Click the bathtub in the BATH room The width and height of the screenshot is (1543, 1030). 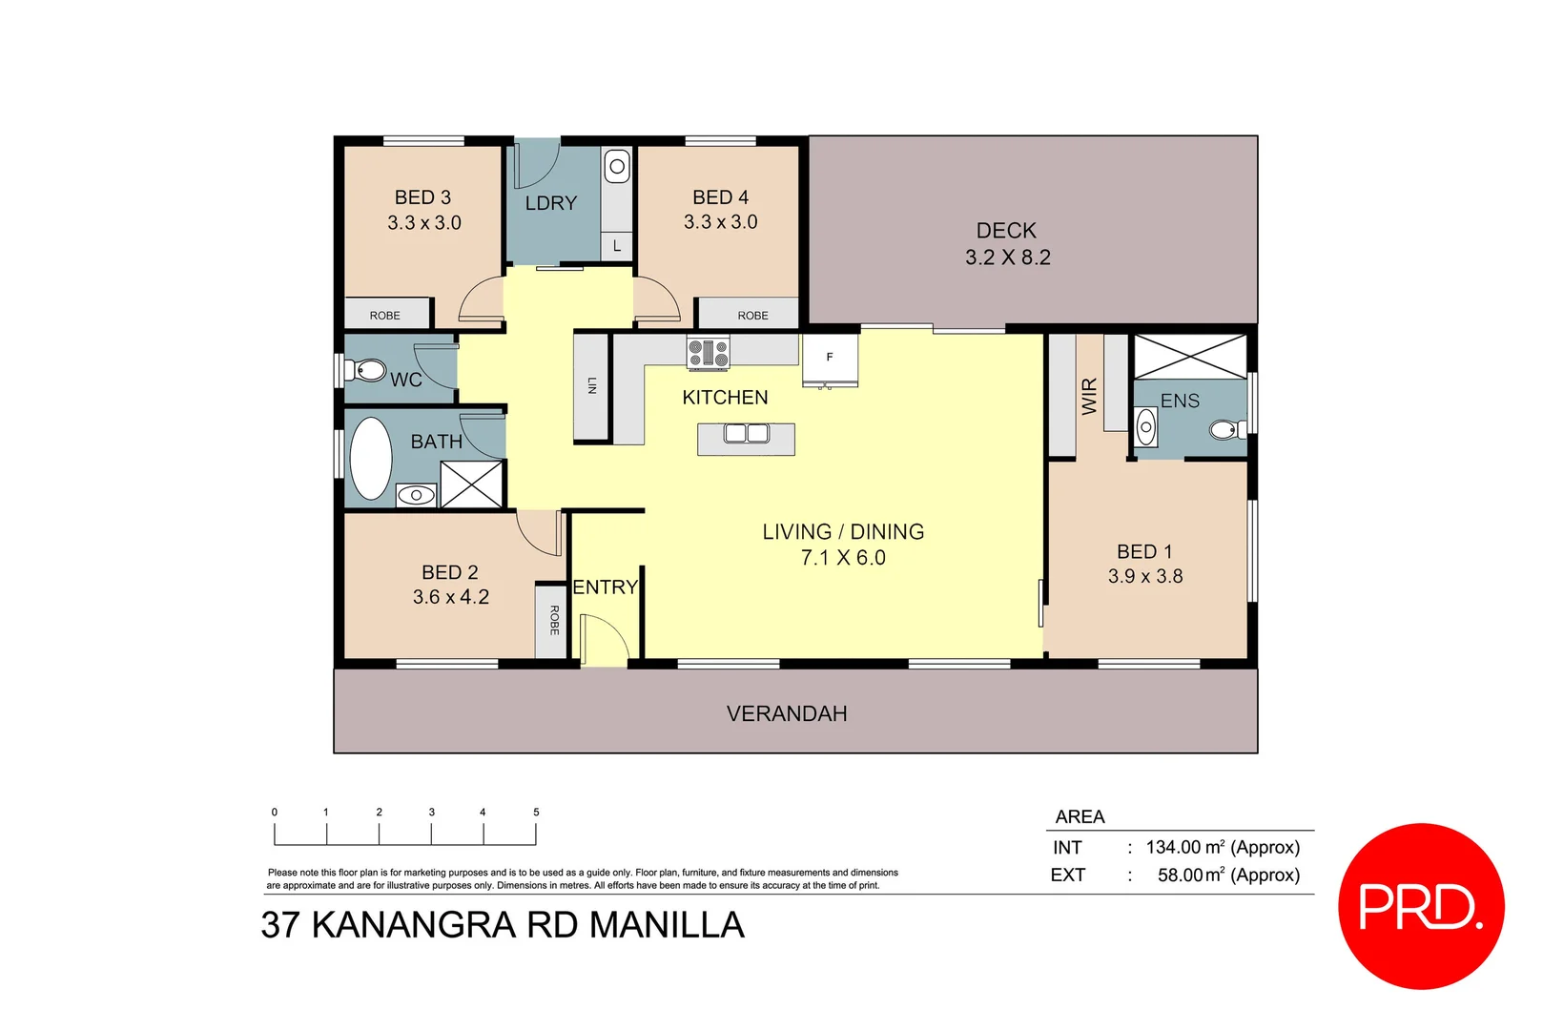click(x=371, y=459)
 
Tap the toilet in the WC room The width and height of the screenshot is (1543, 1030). click(x=366, y=369)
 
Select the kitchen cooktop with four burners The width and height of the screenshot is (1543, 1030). click(x=709, y=353)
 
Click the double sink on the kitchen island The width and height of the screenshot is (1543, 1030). click(x=747, y=434)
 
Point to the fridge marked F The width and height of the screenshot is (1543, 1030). click(x=830, y=359)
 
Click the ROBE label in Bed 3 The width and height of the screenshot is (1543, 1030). click(x=385, y=316)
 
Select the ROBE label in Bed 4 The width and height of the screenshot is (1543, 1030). click(x=752, y=316)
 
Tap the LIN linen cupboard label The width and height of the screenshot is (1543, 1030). click(x=591, y=385)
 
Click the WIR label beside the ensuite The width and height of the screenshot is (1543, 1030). click(x=1089, y=396)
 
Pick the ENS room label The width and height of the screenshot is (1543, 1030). click(x=1180, y=402)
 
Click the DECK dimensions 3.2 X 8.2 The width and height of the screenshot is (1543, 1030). click(x=1007, y=257)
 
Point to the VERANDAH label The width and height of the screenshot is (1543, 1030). click(x=787, y=713)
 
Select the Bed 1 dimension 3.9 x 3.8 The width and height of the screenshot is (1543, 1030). click(x=1144, y=576)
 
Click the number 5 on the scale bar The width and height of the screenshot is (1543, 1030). click(x=536, y=813)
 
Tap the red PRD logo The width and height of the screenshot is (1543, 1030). click(x=1421, y=906)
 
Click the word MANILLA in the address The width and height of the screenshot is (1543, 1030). click(x=667, y=925)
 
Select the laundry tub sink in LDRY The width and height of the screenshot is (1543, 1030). click(x=617, y=167)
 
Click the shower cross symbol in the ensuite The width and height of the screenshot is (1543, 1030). click(x=1189, y=357)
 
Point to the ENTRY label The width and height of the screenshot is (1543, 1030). click(x=605, y=587)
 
